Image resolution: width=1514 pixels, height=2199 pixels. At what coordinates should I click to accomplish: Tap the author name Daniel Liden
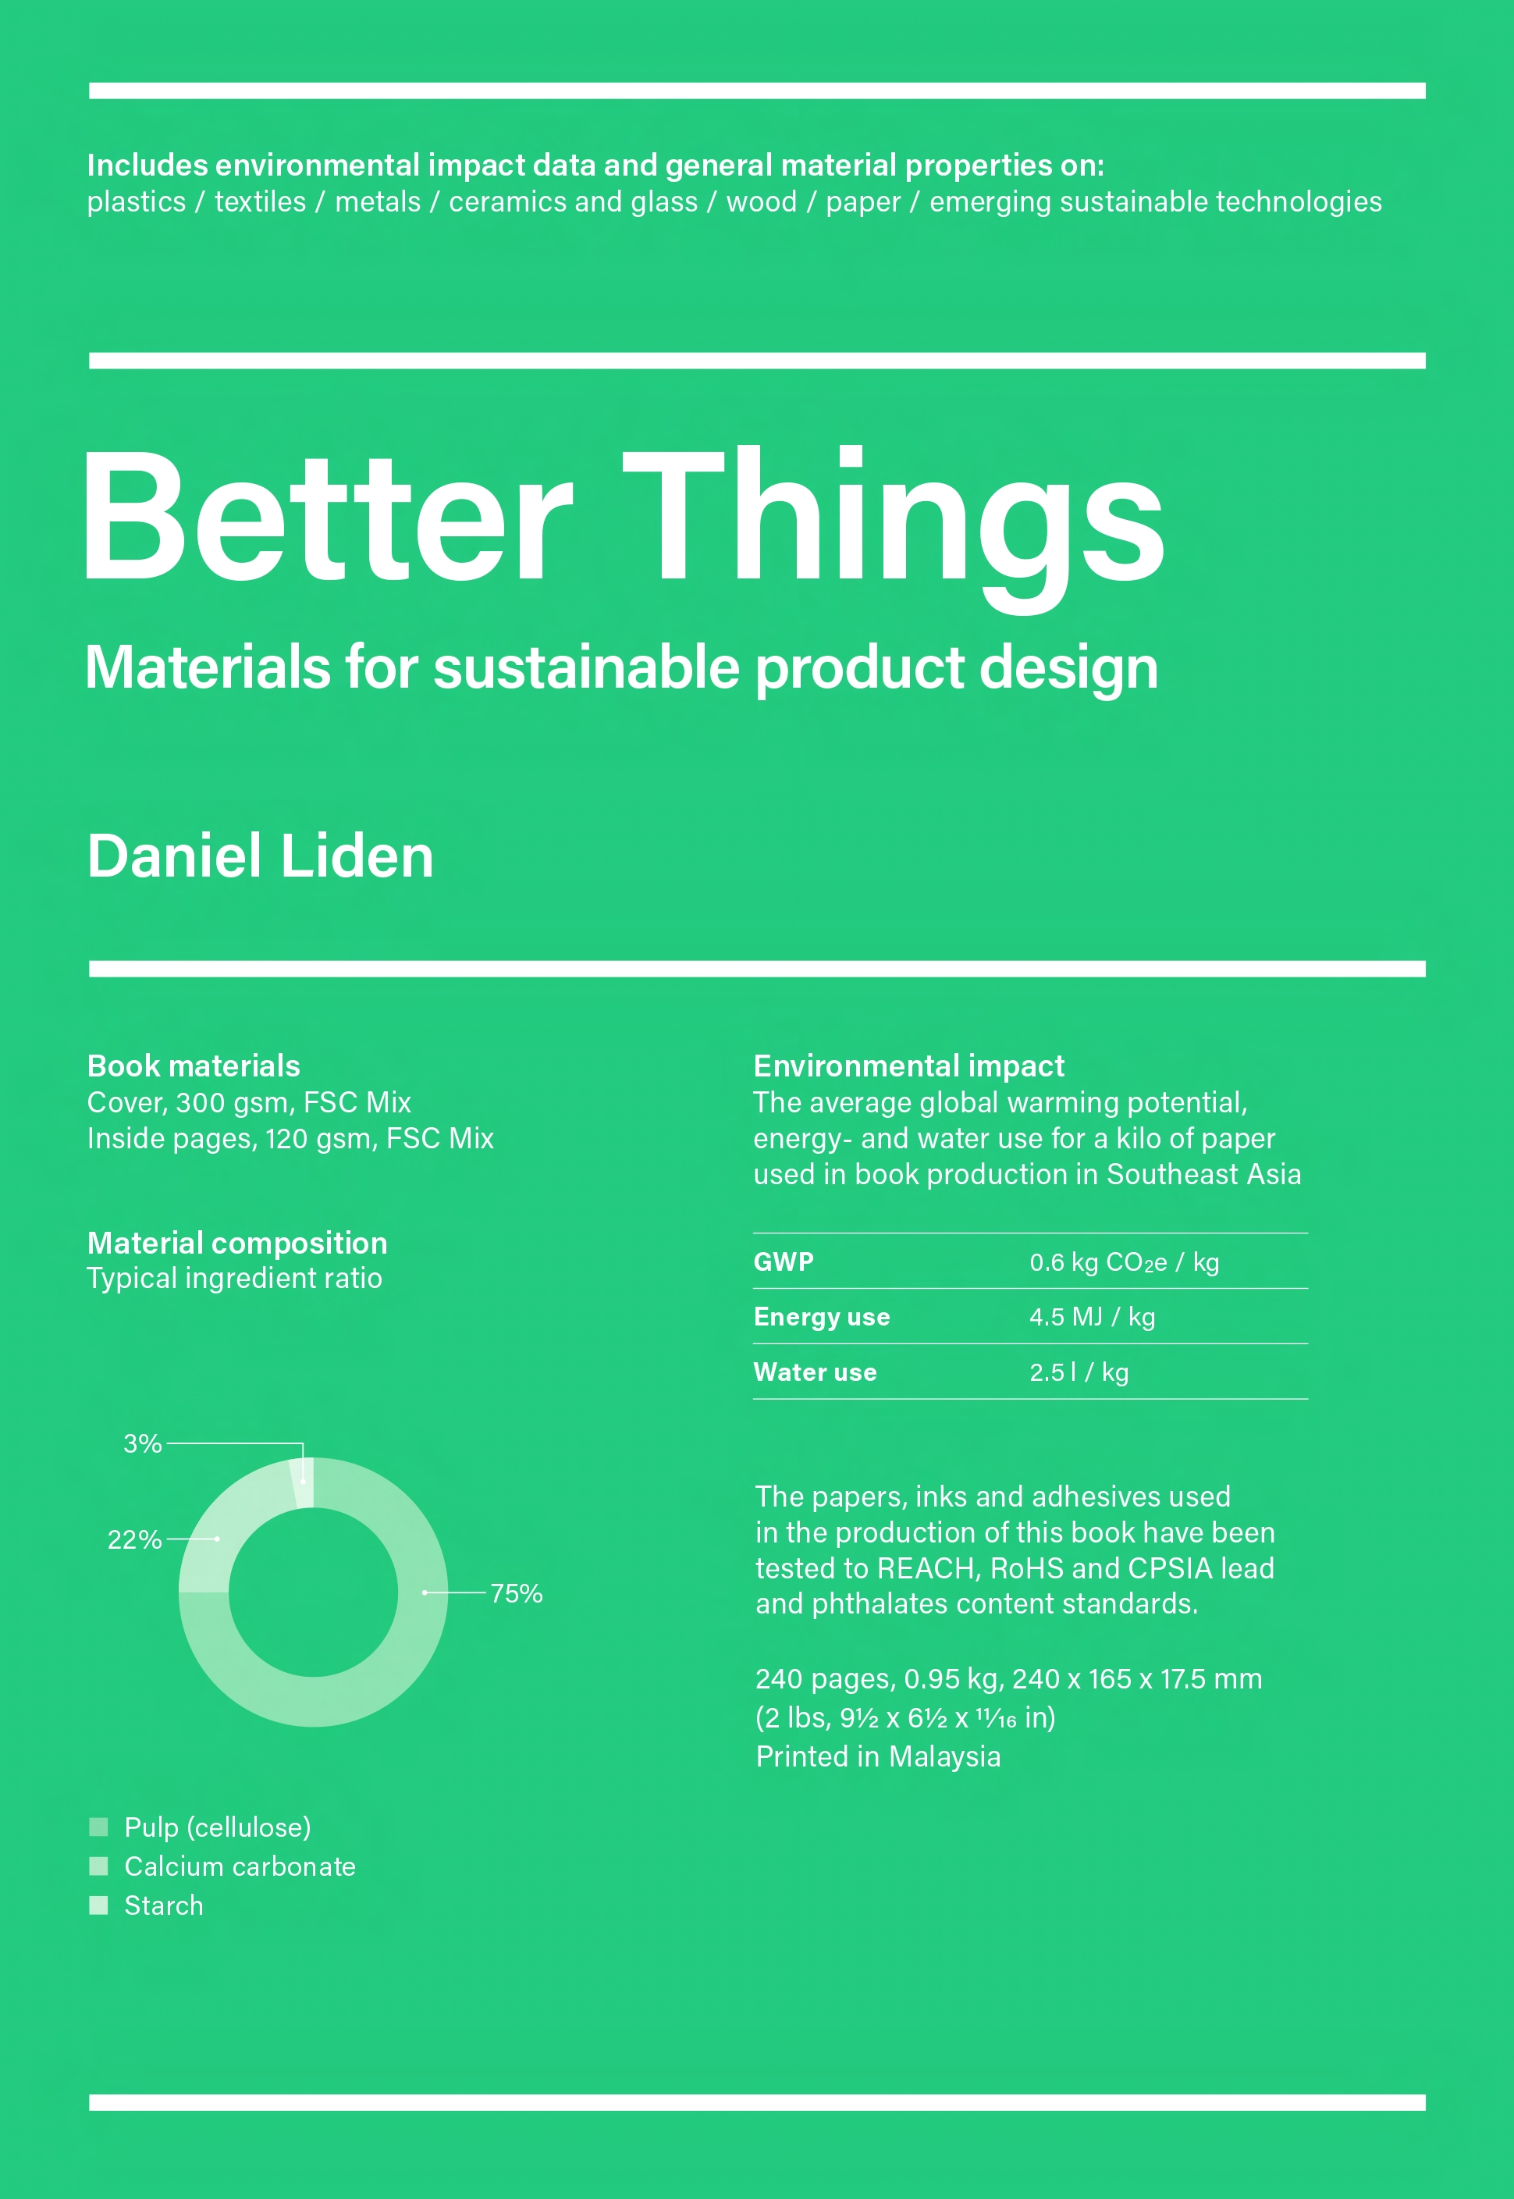tap(260, 856)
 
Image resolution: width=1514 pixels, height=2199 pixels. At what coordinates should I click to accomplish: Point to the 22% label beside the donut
tap(135, 1539)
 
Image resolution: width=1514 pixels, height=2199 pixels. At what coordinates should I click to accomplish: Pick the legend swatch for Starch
tap(98, 1905)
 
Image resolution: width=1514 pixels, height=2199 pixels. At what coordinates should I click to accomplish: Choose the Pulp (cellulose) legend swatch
tap(98, 1827)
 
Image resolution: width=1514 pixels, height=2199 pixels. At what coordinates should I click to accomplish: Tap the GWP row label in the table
tap(784, 1261)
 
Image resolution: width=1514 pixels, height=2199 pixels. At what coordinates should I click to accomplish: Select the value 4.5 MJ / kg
tap(1092, 1317)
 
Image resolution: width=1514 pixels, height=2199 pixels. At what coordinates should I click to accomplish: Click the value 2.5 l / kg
tap(1079, 1372)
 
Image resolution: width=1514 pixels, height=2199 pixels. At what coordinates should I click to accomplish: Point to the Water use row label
tap(815, 1372)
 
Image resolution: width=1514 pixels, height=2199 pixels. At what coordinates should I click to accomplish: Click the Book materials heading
tap(194, 1066)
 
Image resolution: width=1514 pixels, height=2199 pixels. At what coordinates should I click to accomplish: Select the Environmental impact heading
tap(908, 1066)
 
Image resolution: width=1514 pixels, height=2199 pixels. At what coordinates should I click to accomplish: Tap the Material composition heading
tap(237, 1243)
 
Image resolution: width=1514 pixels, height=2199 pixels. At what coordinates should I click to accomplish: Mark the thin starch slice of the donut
tap(303, 1482)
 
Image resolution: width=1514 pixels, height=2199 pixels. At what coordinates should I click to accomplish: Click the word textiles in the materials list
tap(260, 201)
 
